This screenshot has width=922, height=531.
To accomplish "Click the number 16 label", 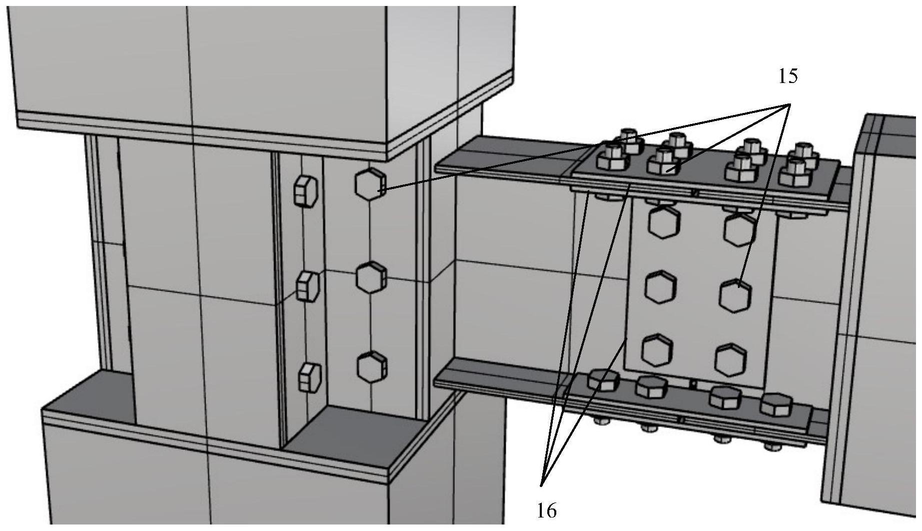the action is pyautogui.click(x=547, y=511).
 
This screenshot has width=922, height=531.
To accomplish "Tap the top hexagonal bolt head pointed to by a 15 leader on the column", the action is pyautogui.click(x=371, y=184).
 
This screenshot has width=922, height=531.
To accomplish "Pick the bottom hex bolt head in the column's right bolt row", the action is pyautogui.click(x=372, y=367).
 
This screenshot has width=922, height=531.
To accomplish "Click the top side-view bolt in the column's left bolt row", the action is pyautogui.click(x=305, y=191).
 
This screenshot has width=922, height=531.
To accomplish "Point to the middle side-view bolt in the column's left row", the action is pyautogui.click(x=308, y=286).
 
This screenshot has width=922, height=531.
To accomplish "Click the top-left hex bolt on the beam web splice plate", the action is pyautogui.click(x=664, y=221).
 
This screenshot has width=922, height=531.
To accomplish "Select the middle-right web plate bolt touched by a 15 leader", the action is pyautogui.click(x=736, y=296).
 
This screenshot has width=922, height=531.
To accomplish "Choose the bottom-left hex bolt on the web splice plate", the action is pyautogui.click(x=658, y=350).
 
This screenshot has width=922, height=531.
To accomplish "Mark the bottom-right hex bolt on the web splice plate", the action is pyautogui.click(x=731, y=359).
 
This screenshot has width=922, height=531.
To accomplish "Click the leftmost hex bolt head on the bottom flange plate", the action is pyautogui.click(x=604, y=380).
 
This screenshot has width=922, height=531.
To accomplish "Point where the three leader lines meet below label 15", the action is pyautogui.click(x=789, y=104).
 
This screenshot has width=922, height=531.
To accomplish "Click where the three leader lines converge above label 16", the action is pyautogui.click(x=542, y=485).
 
